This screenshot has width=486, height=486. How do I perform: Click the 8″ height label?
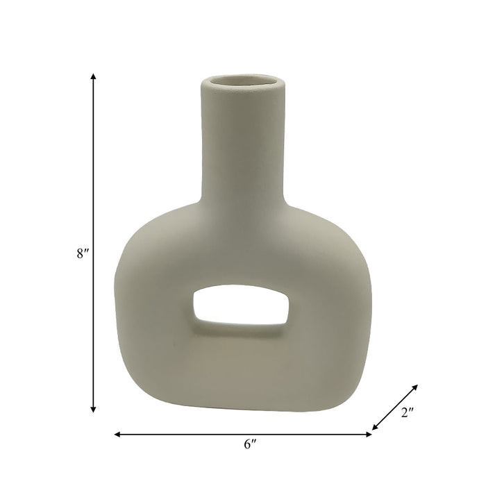(x=83, y=253)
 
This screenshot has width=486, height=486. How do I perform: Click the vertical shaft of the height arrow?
(x=93, y=174)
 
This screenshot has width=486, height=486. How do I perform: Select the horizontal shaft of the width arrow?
(x=181, y=435)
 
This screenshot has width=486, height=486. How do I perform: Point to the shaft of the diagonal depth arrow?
(x=395, y=406)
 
